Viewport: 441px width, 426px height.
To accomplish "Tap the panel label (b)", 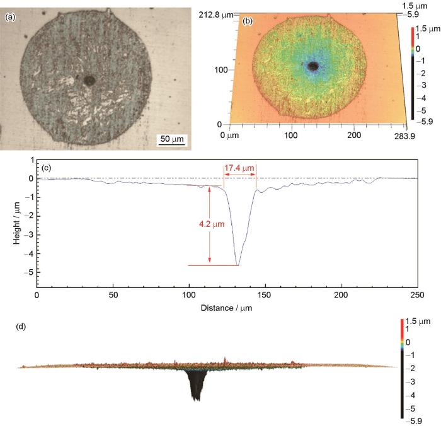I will tap(248, 21).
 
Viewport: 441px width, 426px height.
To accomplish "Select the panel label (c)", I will tap(47, 168).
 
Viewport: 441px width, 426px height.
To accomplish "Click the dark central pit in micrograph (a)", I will tap(90, 80).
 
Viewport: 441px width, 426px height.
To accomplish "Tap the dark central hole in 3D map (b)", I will tap(312, 66).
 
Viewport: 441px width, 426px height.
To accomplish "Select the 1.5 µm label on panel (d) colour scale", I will tap(418, 322).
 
